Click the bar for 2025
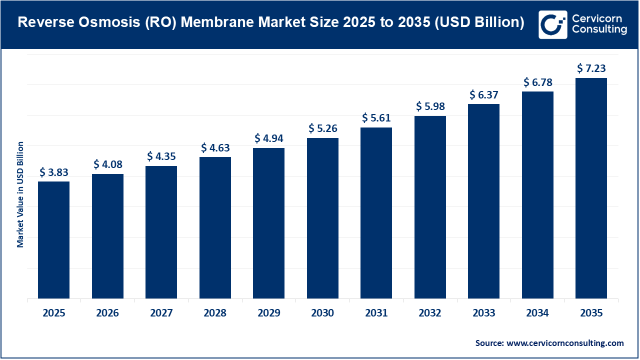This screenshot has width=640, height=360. [x=53, y=240]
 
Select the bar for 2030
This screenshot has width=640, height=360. [x=322, y=218]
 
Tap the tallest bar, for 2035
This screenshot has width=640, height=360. [x=591, y=188]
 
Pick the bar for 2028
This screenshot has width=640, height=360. [x=215, y=227]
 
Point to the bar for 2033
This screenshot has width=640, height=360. [x=483, y=201]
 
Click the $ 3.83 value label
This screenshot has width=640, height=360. [x=53, y=172]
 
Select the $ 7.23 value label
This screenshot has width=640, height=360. [x=591, y=68]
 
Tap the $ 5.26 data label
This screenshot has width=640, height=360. [x=322, y=129]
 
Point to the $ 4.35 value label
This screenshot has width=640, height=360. [x=161, y=156]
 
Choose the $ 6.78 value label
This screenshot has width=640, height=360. [x=537, y=82]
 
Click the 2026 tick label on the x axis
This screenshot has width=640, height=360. [x=107, y=313]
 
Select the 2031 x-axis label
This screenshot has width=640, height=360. [x=376, y=313]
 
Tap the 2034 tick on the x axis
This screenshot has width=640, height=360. [x=537, y=313]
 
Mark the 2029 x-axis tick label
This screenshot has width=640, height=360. [x=268, y=313]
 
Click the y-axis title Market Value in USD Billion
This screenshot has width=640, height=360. [x=20, y=194]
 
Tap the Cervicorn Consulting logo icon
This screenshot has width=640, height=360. [x=552, y=24]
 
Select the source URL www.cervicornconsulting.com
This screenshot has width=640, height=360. [x=565, y=343]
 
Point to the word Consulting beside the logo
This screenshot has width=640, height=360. [x=599, y=30]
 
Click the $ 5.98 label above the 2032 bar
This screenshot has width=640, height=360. [x=430, y=106]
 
